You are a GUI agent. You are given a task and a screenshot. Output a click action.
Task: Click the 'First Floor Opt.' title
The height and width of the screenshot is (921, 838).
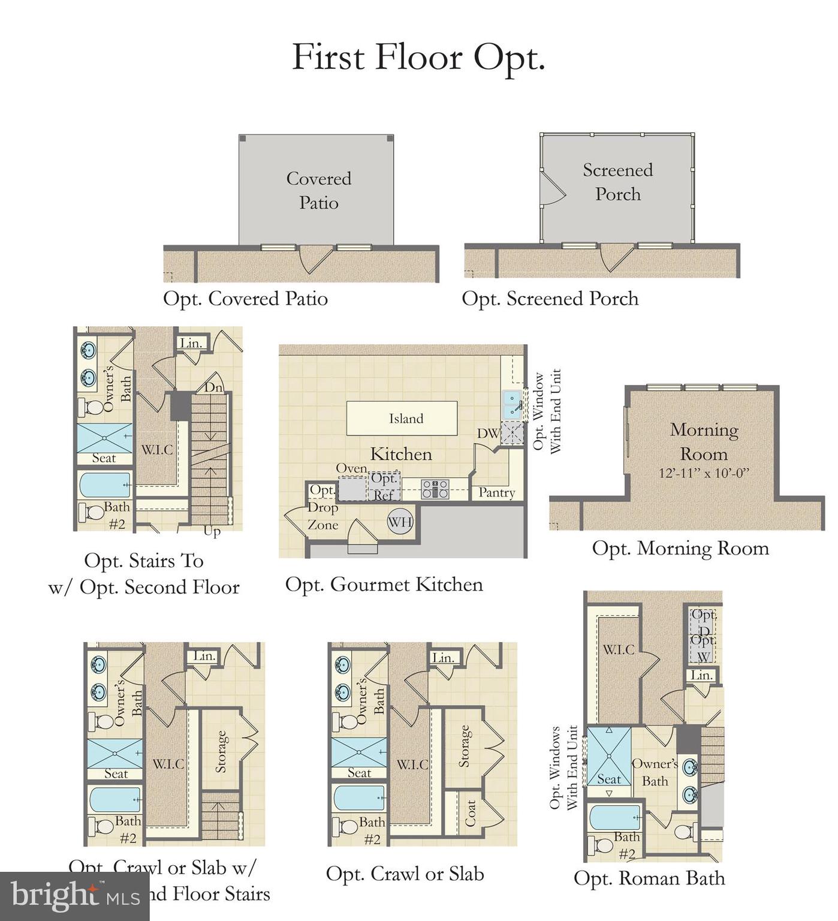click(x=418, y=58)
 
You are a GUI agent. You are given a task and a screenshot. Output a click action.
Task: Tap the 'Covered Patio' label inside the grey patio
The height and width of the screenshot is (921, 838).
click(x=318, y=191)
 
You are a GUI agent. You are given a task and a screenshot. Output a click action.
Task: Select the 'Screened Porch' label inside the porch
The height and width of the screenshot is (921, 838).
click(x=617, y=182)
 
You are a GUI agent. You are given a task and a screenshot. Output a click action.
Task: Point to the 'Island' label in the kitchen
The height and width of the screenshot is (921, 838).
click(x=406, y=419)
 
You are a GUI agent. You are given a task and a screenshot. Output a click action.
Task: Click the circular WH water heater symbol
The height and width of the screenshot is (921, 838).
click(x=400, y=522)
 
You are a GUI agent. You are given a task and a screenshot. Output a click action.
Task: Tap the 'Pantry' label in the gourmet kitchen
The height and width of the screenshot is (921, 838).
click(x=496, y=492)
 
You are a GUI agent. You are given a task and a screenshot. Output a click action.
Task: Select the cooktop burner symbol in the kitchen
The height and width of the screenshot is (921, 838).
click(x=435, y=489)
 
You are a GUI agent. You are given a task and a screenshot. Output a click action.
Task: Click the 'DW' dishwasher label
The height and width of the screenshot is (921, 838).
click(x=487, y=433)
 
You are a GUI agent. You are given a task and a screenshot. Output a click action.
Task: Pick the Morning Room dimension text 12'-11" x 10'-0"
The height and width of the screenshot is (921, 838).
click(x=704, y=473)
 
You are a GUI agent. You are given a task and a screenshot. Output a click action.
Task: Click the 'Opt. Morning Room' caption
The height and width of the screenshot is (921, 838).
click(x=680, y=548)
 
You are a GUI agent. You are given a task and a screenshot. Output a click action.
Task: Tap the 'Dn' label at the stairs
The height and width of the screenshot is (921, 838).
click(x=213, y=387)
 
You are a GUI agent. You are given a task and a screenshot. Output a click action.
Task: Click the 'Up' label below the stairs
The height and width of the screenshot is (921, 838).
click(x=212, y=531)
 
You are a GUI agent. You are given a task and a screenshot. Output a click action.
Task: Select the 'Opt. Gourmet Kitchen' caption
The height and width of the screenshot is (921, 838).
click(x=384, y=584)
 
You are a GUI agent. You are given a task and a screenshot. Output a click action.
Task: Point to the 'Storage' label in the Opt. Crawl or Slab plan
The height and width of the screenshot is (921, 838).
click(x=463, y=747)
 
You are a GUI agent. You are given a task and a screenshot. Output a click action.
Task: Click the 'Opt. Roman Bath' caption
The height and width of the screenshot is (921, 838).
click(x=649, y=878)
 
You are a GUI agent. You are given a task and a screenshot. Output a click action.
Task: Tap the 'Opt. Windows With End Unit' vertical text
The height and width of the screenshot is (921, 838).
click(x=563, y=767)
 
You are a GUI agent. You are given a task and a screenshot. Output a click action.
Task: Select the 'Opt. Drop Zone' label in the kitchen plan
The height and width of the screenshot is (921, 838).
click(x=322, y=508)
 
